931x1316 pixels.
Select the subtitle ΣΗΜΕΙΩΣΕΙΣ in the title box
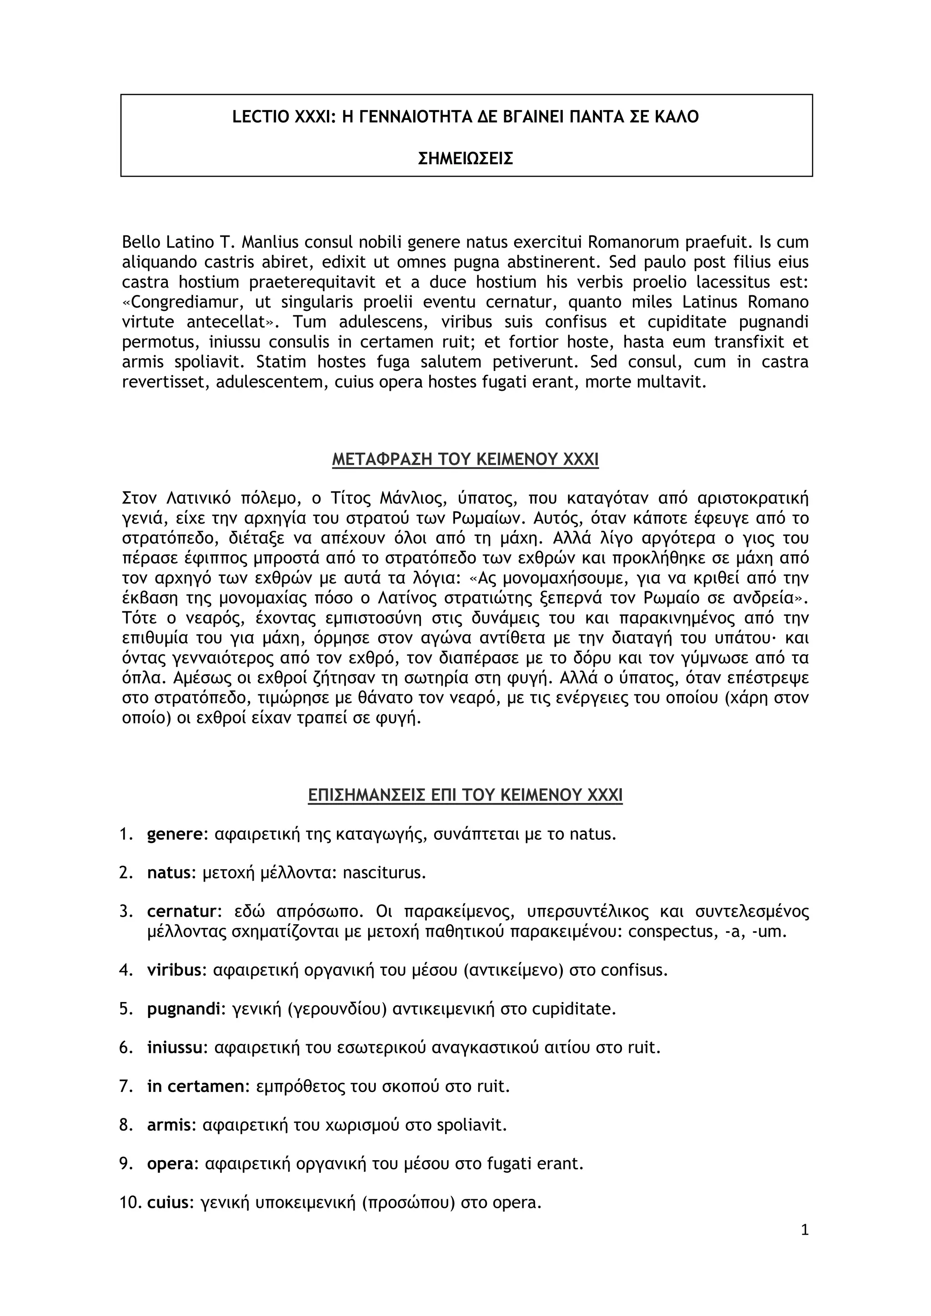tap(465, 158)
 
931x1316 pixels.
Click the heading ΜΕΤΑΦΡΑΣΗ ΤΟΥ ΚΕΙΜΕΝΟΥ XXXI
tap(465, 460)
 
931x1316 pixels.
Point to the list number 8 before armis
tap(126, 1125)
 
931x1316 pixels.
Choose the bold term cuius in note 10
tap(168, 1202)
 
